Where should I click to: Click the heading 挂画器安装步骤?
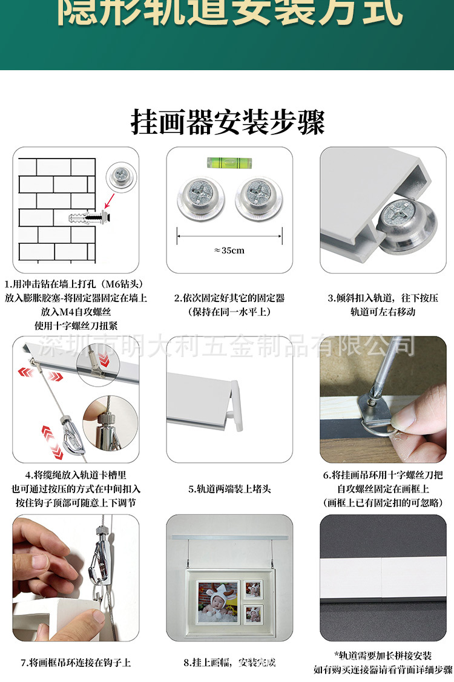(228, 122)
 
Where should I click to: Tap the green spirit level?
(229, 162)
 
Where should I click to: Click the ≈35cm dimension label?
(229, 250)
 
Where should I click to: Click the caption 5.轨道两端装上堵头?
(229, 489)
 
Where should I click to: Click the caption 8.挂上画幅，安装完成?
(229, 662)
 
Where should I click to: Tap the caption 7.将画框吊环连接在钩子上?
(76, 662)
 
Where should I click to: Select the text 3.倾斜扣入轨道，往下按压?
(382, 298)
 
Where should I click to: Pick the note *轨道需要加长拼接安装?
(383, 655)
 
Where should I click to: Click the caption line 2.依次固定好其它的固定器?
(229, 298)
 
